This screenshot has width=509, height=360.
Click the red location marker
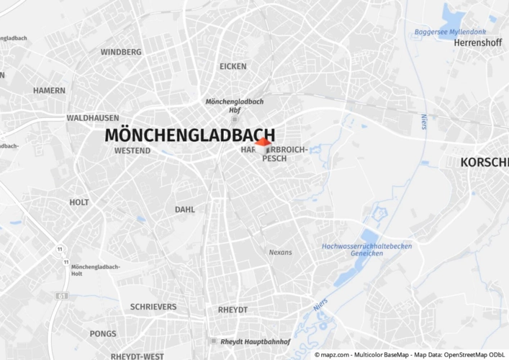point(263,143)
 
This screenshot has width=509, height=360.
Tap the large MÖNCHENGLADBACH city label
point(189,135)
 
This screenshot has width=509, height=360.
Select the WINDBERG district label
point(121,52)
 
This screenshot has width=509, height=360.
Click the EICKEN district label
point(233,66)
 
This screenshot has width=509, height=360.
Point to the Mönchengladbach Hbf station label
point(235,106)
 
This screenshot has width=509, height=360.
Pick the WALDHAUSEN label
point(93,117)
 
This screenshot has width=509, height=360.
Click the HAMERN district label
point(49,91)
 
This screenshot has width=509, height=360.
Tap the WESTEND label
point(132,150)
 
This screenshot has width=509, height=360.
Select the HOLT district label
point(79,202)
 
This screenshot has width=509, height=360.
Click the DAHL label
point(185,210)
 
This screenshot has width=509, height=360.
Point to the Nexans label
point(280,253)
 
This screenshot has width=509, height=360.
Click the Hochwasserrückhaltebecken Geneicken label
point(366,250)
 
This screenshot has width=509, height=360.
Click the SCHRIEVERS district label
point(153,307)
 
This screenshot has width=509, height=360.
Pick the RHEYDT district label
point(233,310)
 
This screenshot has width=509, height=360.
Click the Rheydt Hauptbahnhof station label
point(255,341)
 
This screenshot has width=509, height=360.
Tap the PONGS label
point(103,334)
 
